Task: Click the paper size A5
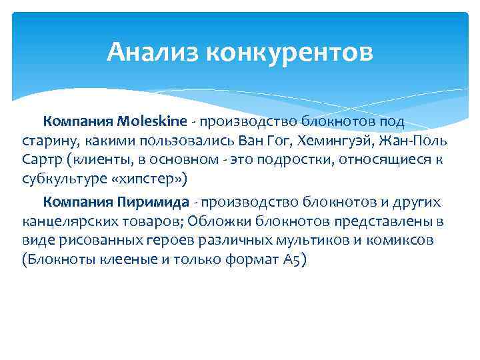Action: pos(294,259)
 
